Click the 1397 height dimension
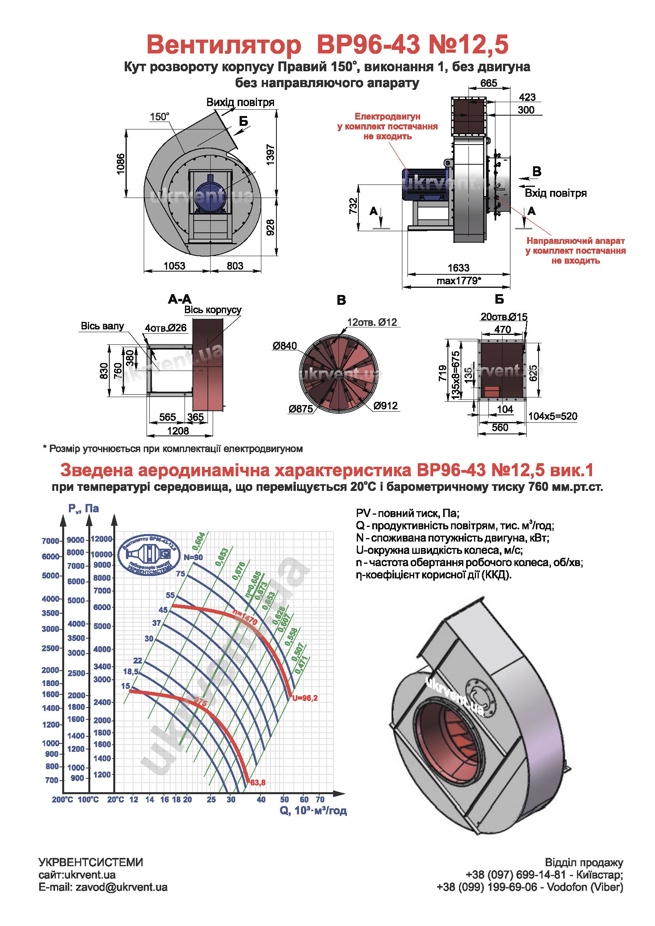[x=270, y=154]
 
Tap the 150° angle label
[x=159, y=117]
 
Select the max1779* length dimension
[x=459, y=281]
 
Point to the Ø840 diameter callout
[x=284, y=346]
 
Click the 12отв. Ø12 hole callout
[x=372, y=322]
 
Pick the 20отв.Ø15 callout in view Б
[x=504, y=317]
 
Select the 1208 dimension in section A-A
[x=178, y=431]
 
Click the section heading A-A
[x=179, y=299]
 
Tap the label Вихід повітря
[x=240, y=103]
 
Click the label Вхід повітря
[x=555, y=193]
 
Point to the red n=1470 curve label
[x=245, y=617]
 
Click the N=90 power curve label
[x=193, y=557]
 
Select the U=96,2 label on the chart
[x=305, y=698]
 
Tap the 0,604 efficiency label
[x=198, y=541]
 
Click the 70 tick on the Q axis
[x=320, y=799]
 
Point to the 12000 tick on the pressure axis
[x=101, y=539]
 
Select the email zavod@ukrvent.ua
[x=122, y=887]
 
